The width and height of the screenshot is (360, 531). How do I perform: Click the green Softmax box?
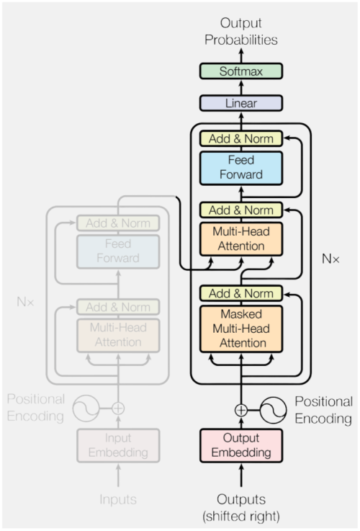(x=241, y=71)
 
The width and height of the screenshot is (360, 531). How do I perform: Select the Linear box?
(x=241, y=103)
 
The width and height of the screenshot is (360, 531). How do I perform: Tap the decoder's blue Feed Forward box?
(x=241, y=168)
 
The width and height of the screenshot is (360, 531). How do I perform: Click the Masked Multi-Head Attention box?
(x=241, y=329)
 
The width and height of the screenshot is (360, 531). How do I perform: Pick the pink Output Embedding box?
(x=241, y=445)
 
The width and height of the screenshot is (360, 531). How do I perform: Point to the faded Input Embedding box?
(x=118, y=445)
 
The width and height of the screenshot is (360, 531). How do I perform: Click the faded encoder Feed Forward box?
(x=118, y=251)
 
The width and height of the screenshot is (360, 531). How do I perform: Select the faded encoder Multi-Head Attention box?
(x=118, y=335)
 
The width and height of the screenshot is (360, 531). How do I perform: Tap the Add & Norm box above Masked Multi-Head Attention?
(x=241, y=293)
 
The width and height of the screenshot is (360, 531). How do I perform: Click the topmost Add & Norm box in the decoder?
(x=241, y=138)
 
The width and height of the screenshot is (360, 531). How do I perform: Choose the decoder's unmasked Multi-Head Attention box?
(x=241, y=238)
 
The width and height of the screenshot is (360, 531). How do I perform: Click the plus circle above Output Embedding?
(x=241, y=410)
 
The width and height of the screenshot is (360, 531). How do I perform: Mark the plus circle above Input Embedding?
(x=118, y=408)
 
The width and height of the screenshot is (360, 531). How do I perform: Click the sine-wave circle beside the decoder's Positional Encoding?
(x=274, y=410)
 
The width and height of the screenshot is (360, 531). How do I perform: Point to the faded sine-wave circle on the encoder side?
(x=86, y=408)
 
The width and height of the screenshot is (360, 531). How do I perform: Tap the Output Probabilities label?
(x=241, y=32)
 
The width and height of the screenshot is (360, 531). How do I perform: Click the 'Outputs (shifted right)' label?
(x=241, y=508)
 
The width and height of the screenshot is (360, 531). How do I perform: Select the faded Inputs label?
(x=118, y=499)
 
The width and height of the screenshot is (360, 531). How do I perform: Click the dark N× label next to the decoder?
(x=330, y=259)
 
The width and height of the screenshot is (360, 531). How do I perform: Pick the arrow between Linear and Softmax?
(x=241, y=87)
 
